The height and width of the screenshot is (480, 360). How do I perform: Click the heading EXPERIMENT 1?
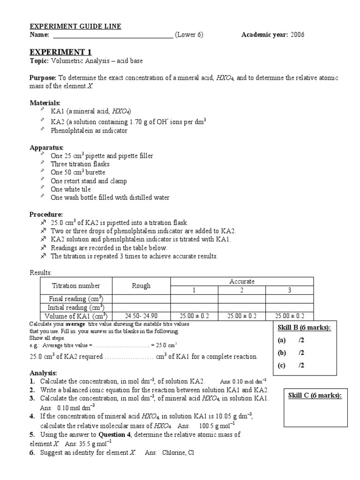coord(61,52)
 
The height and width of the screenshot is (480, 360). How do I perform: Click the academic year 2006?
coord(298,35)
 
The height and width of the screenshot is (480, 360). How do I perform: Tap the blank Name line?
coord(113,36)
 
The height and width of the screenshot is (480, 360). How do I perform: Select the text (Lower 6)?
coord(189,35)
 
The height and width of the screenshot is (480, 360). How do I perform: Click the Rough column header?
coord(141,285)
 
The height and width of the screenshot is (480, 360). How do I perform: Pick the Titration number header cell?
coord(75,285)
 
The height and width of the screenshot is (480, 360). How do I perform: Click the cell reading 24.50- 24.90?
coord(141,316)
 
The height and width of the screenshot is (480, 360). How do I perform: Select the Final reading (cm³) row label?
coord(76,299)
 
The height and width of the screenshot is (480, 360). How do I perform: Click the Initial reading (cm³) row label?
coord(76,307)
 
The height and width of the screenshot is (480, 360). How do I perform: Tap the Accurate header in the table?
coord(242,281)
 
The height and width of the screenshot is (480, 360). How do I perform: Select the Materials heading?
coord(45,103)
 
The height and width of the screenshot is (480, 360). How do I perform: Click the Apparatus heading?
coord(46,147)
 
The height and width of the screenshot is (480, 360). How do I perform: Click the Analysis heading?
coord(43,373)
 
